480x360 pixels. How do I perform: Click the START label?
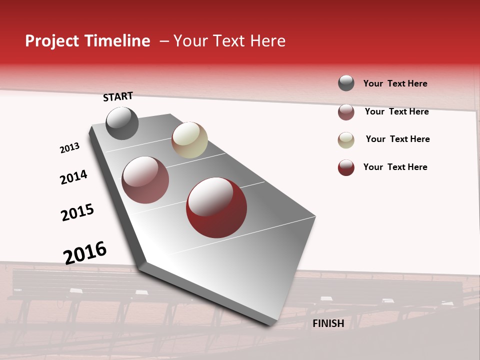click(118, 96)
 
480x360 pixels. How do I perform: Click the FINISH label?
click(328, 323)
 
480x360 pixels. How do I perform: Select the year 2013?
click(69, 148)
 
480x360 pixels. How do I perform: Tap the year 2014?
click(73, 177)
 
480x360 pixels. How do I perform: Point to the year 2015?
click(77, 212)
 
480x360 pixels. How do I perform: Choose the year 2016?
click(85, 252)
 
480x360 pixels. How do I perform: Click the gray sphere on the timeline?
click(122, 123)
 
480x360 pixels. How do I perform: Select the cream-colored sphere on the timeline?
click(189, 140)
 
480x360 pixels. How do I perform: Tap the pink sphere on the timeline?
click(145, 180)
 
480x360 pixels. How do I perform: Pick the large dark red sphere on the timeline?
click(216, 207)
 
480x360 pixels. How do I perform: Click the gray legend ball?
click(346, 83)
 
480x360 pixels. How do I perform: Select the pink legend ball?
click(346, 112)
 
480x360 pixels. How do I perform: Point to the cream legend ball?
click(346, 140)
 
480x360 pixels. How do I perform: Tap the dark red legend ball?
click(346, 167)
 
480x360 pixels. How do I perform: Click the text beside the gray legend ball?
click(395, 84)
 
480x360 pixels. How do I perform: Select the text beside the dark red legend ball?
click(395, 167)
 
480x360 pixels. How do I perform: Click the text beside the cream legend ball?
click(397, 139)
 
